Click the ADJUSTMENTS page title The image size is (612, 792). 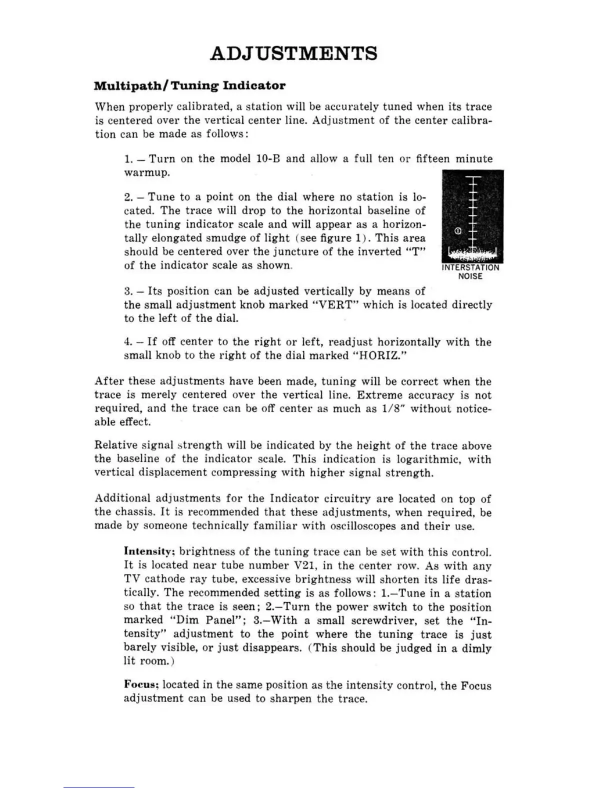(293, 53)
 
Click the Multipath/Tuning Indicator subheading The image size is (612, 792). (189, 85)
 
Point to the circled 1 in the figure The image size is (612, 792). (458, 231)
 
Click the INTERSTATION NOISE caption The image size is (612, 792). (470, 271)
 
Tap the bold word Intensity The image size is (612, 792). (148, 552)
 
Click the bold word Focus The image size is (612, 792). (141, 685)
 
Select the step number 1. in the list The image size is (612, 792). (129, 159)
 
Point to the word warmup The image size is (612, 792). (147, 173)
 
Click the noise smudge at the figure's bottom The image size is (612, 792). (472, 254)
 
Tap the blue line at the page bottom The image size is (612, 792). (98, 788)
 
